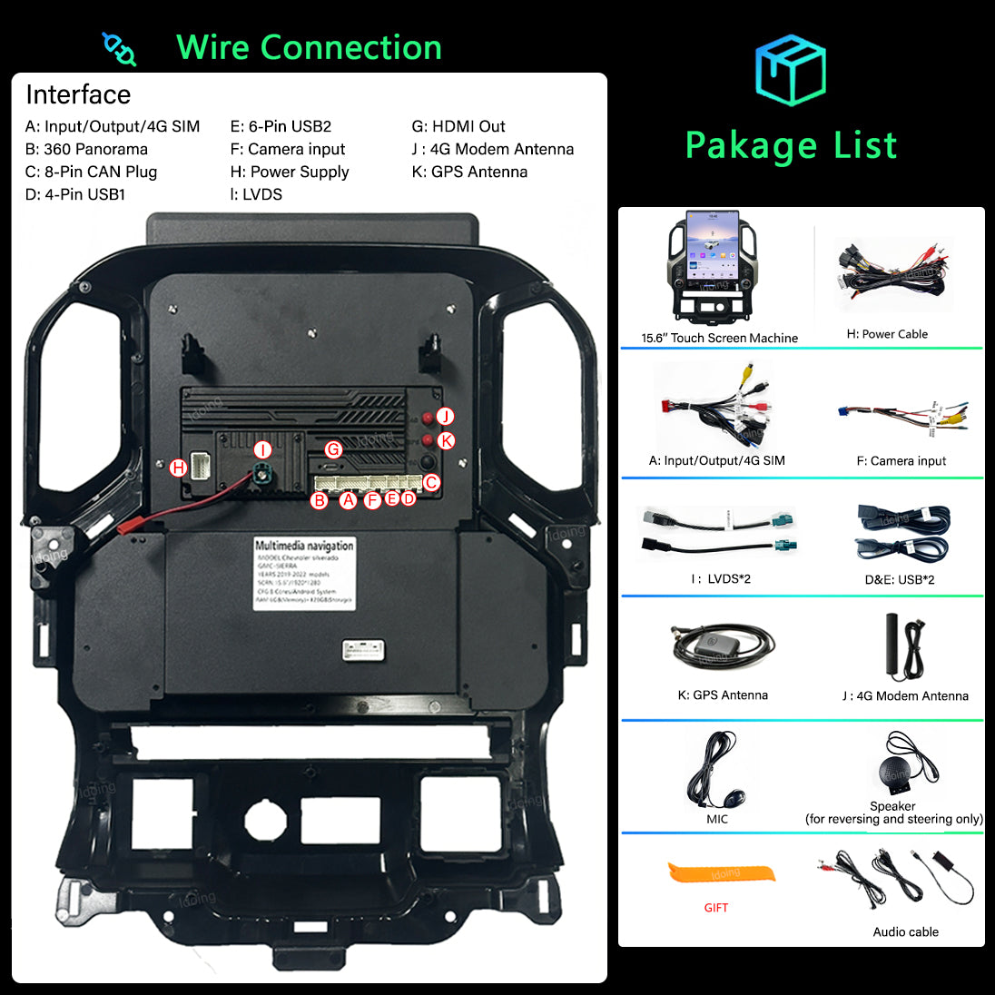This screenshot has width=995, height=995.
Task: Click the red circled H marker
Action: [x=178, y=468]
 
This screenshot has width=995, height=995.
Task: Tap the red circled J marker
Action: [x=445, y=416]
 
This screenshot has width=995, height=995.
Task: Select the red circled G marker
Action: [x=333, y=449]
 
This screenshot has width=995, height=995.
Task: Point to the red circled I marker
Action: [x=262, y=449]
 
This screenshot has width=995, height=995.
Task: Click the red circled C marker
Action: [x=431, y=482]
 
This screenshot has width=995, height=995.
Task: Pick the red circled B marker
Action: [x=319, y=500]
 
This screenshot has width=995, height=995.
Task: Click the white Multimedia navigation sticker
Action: [x=304, y=572]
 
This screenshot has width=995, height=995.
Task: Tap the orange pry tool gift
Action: [x=723, y=874]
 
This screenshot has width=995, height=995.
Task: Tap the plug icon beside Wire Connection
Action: [x=119, y=49]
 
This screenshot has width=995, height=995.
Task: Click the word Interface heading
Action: [x=78, y=94]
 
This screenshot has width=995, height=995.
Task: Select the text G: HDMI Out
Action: [x=458, y=126]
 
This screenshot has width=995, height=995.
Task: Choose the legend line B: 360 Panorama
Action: [x=86, y=149]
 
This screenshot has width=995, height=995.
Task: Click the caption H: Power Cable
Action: [x=887, y=334]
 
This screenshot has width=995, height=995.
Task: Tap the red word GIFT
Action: [x=715, y=908]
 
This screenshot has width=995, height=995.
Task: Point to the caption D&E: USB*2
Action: [x=899, y=579]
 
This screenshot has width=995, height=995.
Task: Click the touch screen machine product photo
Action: [x=713, y=268]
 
